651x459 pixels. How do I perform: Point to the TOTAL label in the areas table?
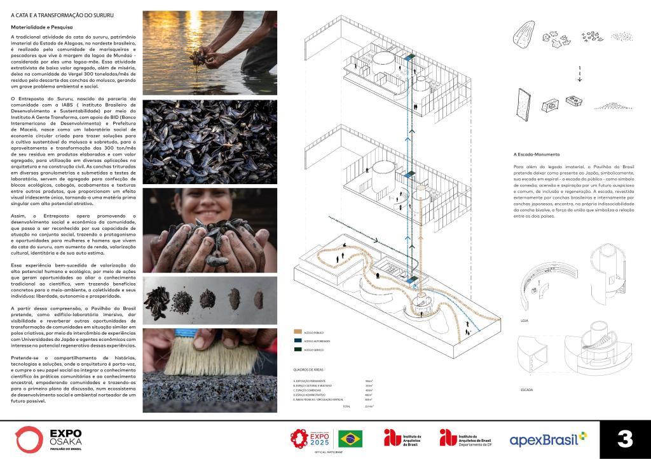coord(346,406)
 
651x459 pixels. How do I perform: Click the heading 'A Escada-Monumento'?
coord(537,154)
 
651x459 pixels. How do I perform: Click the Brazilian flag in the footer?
coord(350,438)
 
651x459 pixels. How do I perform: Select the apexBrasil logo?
coord(547,439)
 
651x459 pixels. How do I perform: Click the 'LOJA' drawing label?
coord(524,321)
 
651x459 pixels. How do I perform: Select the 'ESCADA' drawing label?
coord(526,389)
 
